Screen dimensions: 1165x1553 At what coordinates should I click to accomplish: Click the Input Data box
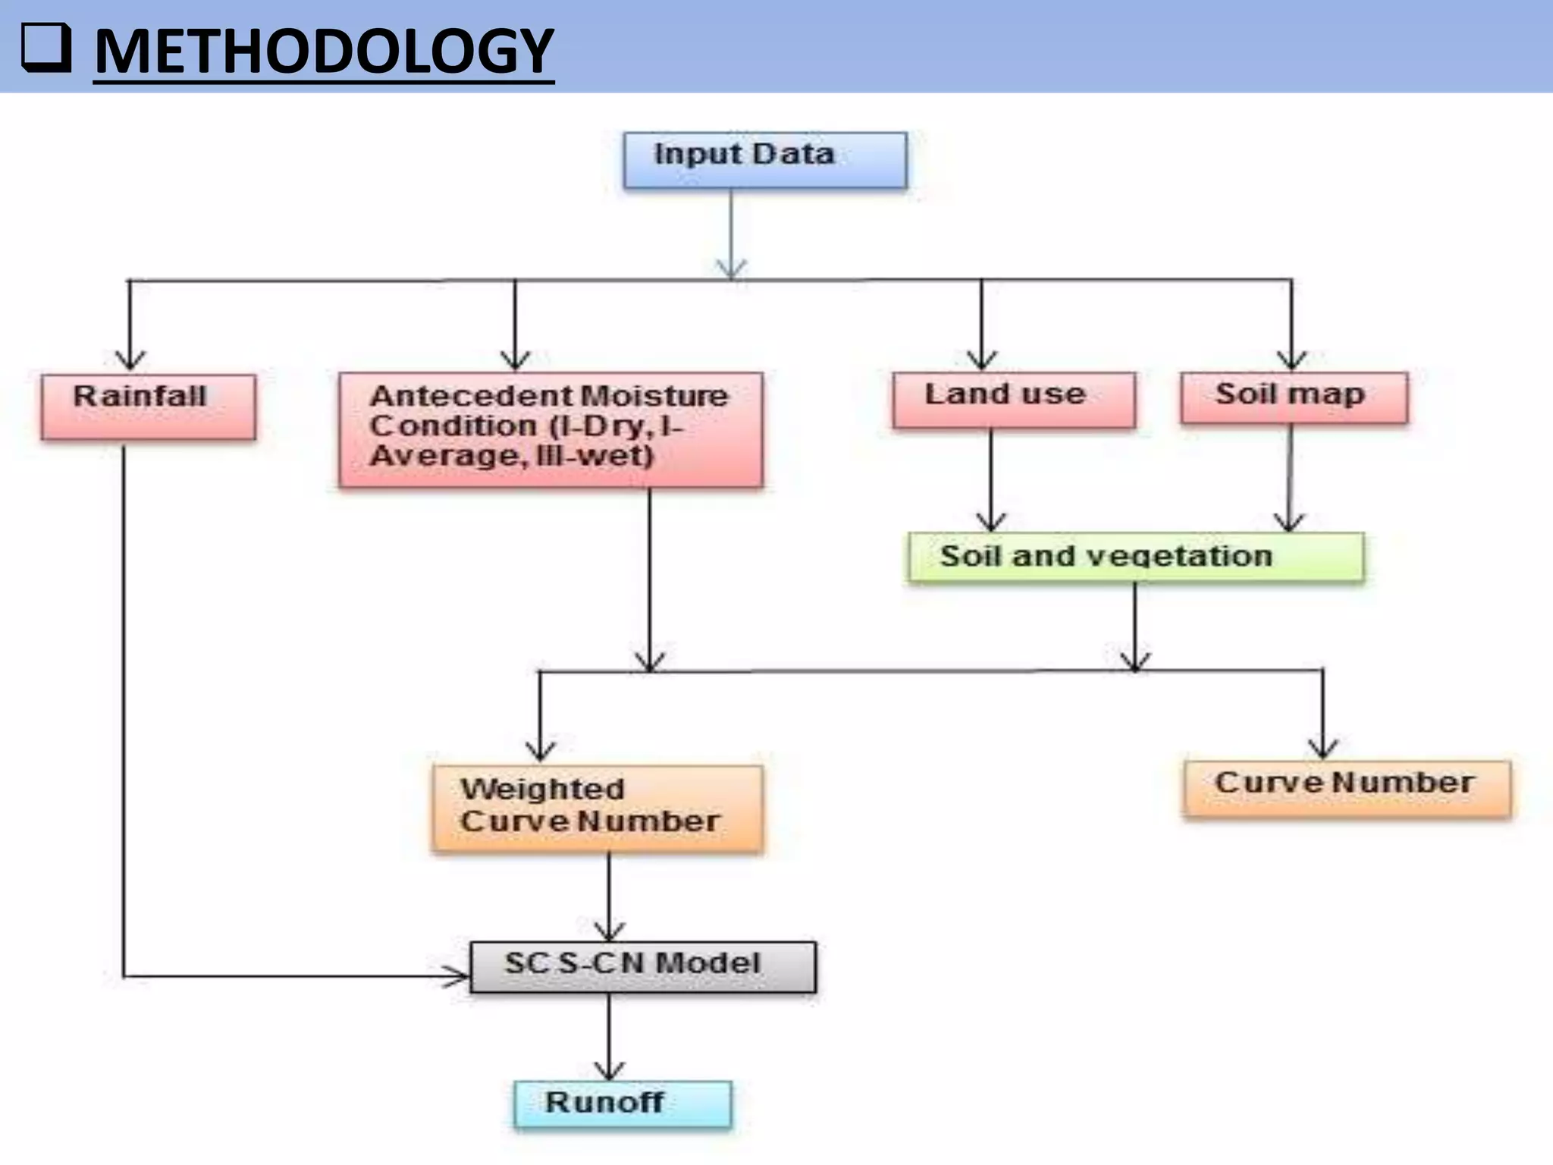(x=764, y=160)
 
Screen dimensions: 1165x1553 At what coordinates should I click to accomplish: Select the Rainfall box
(x=149, y=407)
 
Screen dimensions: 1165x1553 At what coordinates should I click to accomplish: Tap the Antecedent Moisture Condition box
(x=551, y=429)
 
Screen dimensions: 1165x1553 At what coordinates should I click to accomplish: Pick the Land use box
(x=1014, y=400)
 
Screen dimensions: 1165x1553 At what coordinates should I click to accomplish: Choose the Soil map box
(x=1294, y=397)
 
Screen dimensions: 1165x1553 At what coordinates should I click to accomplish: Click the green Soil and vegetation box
(x=1135, y=557)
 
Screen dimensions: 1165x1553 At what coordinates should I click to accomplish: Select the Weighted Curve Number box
(x=598, y=809)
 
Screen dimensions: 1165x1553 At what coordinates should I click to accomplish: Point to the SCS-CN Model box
(x=643, y=967)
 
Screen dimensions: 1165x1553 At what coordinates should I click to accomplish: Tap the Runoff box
(x=623, y=1104)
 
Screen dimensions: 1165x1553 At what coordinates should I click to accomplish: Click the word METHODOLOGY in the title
(x=324, y=51)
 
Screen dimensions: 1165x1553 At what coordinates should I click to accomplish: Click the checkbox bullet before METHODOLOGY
(x=46, y=49)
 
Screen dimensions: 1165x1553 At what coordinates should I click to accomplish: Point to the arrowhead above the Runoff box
(x=609, y=1070)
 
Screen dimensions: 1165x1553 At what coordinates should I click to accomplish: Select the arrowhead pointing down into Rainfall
(x=130, y=360)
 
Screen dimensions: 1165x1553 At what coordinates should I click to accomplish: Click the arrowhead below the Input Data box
(x=731, y=268)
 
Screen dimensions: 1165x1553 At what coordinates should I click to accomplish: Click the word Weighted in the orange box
(x=542, y=789)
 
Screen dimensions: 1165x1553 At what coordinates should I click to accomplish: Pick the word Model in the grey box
(x=707, y=963)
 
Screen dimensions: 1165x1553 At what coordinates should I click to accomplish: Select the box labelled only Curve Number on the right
(x=1347, y=789)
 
